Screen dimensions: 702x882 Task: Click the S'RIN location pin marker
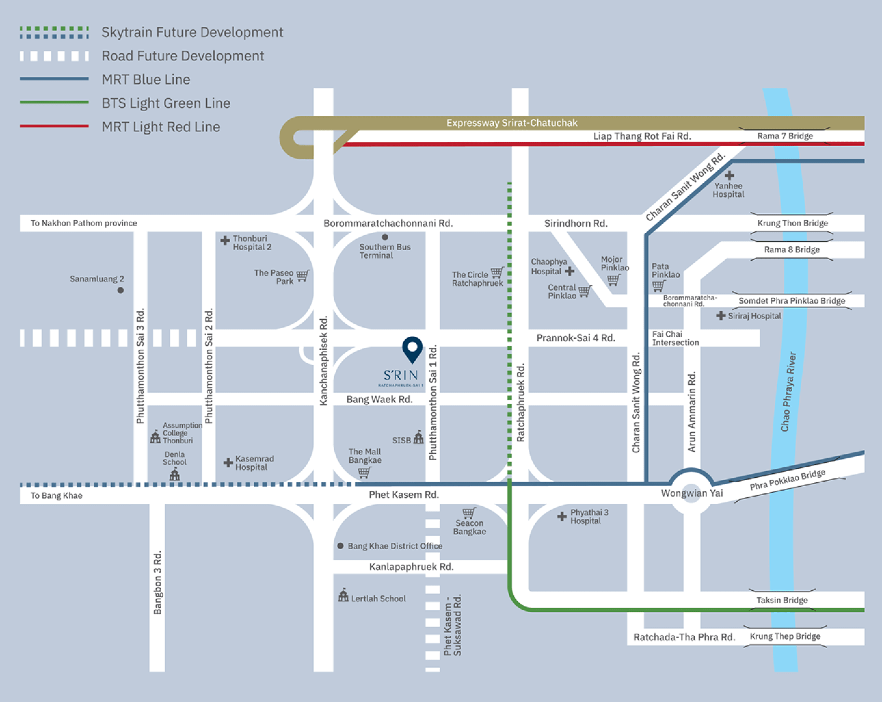(x=412, y=349)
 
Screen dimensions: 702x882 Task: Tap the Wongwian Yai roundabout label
(x=692, y=493)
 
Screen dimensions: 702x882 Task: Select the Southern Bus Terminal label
(x=384, y=251)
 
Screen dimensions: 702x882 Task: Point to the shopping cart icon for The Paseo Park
(x=303, y=276)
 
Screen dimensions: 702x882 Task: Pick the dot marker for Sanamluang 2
(x=120, y=290)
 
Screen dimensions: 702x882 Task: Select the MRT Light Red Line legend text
(x=161, y=127)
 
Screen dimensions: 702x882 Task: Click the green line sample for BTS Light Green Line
(x=54, y=102)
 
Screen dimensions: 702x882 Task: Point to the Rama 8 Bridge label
(x=792, y=249)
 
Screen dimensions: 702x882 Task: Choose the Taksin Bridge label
(x=782, y=600)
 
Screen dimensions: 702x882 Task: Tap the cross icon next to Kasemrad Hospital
(x=228, y=463)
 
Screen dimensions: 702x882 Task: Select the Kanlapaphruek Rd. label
(x=411, y=567)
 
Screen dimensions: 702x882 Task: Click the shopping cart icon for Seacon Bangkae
(x=469, y=513)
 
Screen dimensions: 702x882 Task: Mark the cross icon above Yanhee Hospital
(x=729, y=175)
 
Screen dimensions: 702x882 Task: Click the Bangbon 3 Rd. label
(x=157, y=583)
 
